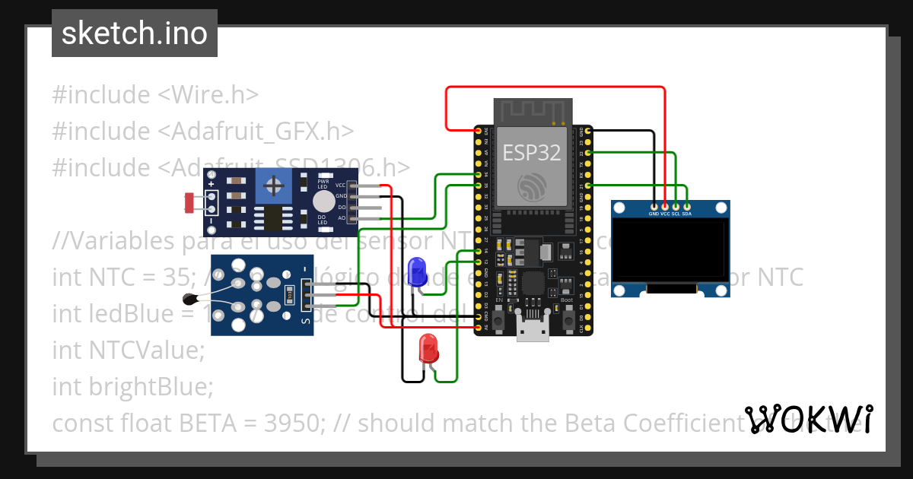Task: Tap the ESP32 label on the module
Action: pos(532,152)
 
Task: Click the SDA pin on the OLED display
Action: pos(687,206)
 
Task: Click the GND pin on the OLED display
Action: pos(654,206)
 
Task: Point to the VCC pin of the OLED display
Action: pos(666,206)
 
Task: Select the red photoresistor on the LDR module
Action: pos(189,202)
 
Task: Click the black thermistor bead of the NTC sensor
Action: pos(189,298)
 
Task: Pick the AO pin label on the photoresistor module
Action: pos(342,218)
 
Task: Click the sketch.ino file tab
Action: pos(135,33)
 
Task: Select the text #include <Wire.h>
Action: pos(155,95)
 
